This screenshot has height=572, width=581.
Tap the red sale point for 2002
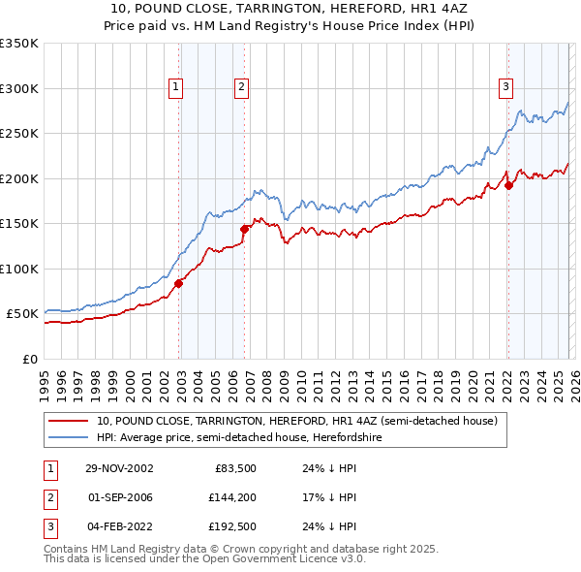coord(179,283)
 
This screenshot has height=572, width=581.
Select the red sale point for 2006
coord(244,229)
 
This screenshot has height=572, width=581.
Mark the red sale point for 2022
coord(509,185)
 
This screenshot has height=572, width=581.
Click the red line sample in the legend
coord(70,421)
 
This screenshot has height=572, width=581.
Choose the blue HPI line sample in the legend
coord(70,437)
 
